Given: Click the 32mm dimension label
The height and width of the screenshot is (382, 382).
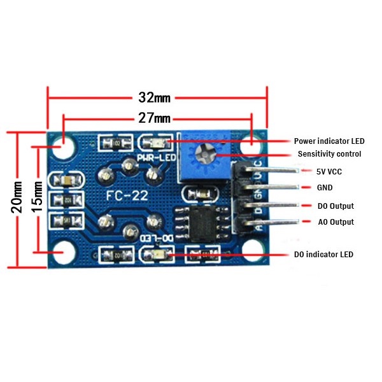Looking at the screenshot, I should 155,98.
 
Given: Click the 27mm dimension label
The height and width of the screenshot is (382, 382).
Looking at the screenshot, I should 155,118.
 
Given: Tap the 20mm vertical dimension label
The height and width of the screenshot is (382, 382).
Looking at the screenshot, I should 18,196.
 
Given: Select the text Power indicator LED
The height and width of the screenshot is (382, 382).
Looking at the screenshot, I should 329,141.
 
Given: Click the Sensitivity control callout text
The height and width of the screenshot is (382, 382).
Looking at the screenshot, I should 329,154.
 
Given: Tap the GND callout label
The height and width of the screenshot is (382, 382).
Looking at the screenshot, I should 325,188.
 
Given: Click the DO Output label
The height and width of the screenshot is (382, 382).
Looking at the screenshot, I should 335,206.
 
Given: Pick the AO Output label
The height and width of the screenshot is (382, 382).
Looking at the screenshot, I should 336,222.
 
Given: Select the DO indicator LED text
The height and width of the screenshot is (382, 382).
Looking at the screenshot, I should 323,255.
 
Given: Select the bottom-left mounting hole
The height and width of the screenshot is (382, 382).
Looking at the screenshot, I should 63,253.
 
